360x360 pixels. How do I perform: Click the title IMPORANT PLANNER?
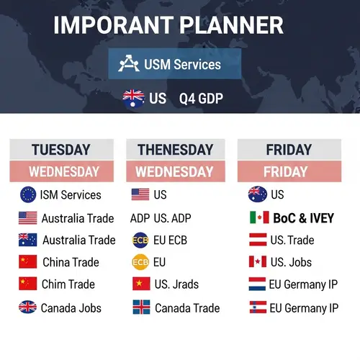point(168,25)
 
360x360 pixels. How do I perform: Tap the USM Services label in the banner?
point(182,65)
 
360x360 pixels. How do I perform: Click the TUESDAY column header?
point(61,150)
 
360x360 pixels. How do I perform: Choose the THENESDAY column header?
point(175,150)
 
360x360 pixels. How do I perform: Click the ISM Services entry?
point(71,194)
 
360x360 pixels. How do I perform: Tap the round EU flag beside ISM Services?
point(28,194)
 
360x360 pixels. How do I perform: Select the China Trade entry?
point(71,262)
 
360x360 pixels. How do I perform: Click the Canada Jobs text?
point(71,308)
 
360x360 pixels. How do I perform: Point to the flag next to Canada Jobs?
point(28,307)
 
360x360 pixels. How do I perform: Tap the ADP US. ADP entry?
point(161,217)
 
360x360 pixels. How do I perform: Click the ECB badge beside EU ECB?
point(140,240)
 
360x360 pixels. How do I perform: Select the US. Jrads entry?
point(176,284)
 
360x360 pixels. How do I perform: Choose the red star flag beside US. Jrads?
point(141,284)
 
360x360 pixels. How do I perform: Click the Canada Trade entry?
point(187,308)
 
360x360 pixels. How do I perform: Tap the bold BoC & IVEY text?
point(302,217)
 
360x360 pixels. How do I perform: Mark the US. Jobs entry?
point(290,262)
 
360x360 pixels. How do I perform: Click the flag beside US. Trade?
point(257,240)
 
